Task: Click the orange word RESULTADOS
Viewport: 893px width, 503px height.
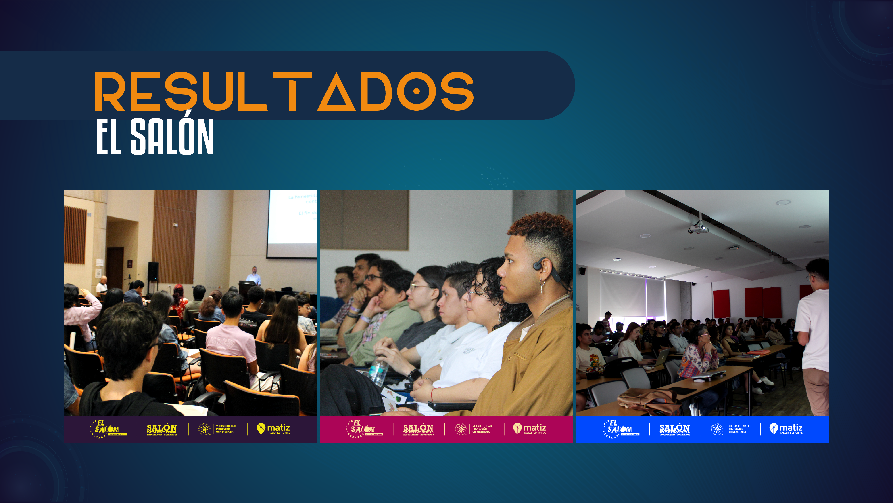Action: pyautogui.click(x=284, y=91)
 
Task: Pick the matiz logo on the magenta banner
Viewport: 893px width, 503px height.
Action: pyautogui.click(x=530, y=429)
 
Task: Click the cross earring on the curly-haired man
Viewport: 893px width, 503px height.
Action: pyautogui.click(x=541, y=287)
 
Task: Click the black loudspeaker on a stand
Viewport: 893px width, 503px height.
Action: pyautogui.click(x=153, y=271)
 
